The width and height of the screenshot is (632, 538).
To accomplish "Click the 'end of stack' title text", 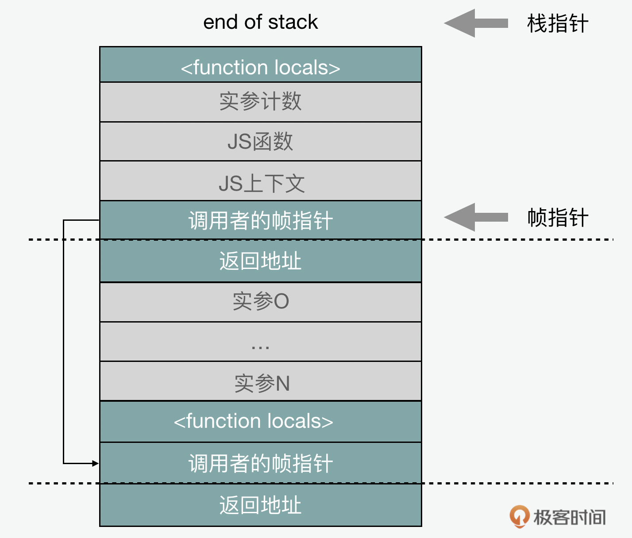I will (x=260, y=22).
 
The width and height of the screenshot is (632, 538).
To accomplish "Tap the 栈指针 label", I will (x=557, y=23).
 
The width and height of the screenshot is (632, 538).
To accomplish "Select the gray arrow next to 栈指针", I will (x=476, y=23).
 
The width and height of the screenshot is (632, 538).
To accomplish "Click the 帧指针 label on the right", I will (x=557, y=218).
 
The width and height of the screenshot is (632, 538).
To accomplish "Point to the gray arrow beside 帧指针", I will (x=476, y=217).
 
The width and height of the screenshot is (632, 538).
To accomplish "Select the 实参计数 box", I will (x=260, y=102).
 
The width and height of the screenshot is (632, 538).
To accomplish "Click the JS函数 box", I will (x=260, y=142).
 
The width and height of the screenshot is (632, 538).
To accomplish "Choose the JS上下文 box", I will (x=260, y=181).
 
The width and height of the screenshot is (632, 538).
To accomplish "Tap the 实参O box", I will (x=260, y=302).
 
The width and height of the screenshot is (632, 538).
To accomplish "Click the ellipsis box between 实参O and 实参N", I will (x=260, y=342).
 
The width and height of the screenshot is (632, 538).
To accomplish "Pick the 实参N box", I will (x=260, y=382).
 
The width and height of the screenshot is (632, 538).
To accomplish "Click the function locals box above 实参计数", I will (x=260, y=65).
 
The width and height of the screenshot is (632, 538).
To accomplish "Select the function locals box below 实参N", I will (x=260, y=422).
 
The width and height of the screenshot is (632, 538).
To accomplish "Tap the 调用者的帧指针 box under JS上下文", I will (x=260, y=220).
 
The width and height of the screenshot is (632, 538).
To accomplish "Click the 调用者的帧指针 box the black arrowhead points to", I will (x=260, y=463).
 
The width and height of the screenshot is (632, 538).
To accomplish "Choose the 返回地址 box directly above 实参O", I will (x=260, y=261).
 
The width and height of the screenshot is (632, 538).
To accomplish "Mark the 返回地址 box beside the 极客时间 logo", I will (x=260, y=505).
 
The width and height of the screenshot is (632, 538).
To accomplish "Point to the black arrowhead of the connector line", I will (x=96, y=463).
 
